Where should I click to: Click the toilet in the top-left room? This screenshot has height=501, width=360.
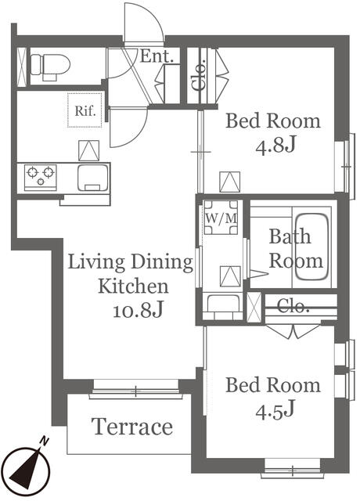(x=50, y=66)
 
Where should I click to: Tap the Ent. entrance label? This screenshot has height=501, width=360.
(x=157, y=56)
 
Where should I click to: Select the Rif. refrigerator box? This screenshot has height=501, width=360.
(x=85, y=110)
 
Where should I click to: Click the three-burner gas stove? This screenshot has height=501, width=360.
(x=40, y=178)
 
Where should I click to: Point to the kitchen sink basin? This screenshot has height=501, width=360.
(x=93, y=178)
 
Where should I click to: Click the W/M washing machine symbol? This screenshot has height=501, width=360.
(x=221, y=218)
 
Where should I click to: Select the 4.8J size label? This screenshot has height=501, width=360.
(x=275, y=146)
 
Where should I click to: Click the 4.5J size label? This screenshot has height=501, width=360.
(x=275, y=410)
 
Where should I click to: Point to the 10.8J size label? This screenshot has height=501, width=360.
(x=139, y=310)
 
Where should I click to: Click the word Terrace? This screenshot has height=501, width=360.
(x=132, y=427)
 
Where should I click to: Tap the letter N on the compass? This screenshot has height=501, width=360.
(x=44, y=442)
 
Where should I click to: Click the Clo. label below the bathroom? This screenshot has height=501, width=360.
(x=293, y=306)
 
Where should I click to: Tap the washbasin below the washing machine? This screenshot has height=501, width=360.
(x=223, y=306)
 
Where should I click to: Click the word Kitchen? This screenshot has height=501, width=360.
(x=133, y=286)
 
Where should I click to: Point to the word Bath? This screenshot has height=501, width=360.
(x=290, y=236)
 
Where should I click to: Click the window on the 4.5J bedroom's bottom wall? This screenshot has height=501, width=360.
(x=292, y=470)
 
